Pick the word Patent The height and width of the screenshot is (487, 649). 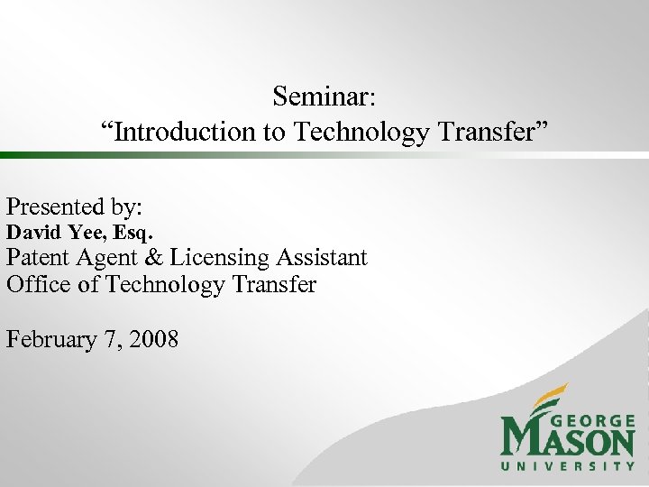pos(39,258)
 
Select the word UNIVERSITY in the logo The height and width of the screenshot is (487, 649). pos(568,465)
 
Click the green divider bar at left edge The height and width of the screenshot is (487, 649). pos(27,155)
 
